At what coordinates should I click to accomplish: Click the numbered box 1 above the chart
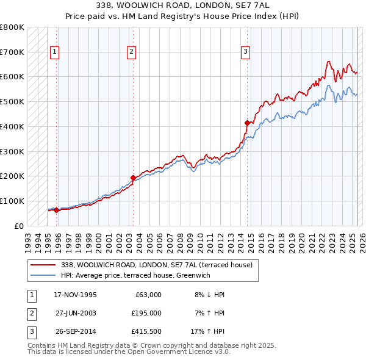coord(55,52)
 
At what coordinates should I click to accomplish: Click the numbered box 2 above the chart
coord(131,52)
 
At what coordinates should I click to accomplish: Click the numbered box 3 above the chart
coord(245,52)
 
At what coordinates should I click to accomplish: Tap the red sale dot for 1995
coord(56,210)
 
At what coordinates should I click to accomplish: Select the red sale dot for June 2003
coord(133,178)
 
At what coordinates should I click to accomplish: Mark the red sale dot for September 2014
coord(247,123)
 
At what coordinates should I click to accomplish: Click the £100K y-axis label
coord(12,201)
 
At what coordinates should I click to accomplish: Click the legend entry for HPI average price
coord(135,275)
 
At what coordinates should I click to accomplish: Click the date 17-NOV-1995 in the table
coord(75,295)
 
